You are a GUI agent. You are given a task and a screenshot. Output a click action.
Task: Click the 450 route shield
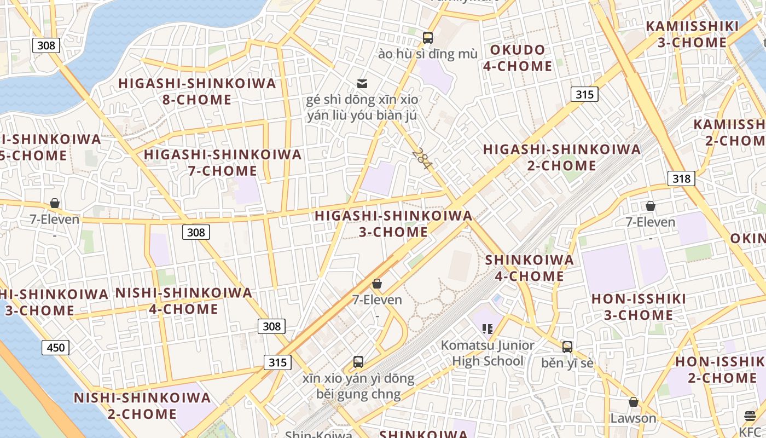56,347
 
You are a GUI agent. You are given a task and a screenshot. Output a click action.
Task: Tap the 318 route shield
681,178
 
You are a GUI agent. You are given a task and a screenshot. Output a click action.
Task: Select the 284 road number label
422,158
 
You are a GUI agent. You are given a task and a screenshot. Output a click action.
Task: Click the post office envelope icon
362,84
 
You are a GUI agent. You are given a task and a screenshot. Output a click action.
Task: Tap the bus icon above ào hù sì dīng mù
428,38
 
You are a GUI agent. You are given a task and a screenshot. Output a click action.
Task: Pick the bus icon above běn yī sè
567,347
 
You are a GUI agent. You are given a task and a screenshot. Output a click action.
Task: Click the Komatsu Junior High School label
488,353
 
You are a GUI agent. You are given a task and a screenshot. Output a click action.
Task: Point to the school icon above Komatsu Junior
488,329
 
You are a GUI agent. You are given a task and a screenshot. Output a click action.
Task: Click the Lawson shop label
633,418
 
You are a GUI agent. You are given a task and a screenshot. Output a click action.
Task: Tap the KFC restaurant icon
750,416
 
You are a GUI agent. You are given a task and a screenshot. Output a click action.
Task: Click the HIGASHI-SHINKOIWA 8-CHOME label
197,91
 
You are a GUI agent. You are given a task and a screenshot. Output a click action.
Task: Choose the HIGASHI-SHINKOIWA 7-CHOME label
223,163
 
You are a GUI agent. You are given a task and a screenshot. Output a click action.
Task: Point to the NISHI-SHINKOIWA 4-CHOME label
184,301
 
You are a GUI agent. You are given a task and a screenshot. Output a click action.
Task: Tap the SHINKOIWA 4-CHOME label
530,268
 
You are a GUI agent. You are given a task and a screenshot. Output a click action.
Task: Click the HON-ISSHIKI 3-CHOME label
639,307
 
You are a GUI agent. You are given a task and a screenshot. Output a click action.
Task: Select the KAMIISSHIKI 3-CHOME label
692,34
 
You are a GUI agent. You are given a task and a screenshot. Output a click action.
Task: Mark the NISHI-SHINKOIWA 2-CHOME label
142,406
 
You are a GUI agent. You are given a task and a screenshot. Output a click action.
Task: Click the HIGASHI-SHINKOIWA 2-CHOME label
562,157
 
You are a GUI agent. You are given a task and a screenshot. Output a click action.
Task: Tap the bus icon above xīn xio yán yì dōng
358,362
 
